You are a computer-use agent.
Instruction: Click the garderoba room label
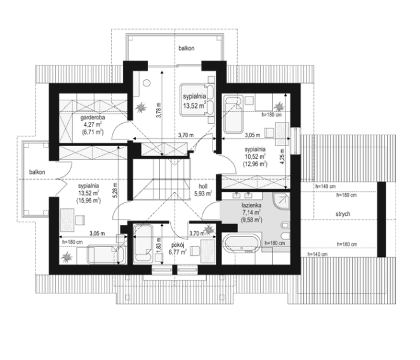tap(93, 117)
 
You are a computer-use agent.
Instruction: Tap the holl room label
tap(203, 186)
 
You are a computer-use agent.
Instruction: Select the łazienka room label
tap(251, 205)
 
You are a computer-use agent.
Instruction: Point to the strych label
tap(343, 214)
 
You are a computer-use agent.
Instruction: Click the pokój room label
tap(178, 245)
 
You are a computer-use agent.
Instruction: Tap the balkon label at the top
tap(187, 48)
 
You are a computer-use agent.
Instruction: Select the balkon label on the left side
tap(37, 172)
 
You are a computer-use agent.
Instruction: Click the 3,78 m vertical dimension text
tap(159, 110)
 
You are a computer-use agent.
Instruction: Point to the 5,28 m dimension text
tap(115, 190)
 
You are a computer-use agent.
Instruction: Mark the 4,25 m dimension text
tap(283, 156)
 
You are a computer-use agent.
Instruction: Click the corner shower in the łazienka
tap(281, 201)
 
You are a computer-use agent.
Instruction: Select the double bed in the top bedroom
tap(197, 100)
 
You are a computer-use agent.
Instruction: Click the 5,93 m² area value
tap(203, 193)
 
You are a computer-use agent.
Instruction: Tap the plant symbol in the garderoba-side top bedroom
tap(141, 108)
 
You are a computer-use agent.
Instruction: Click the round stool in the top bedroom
tap(147, 83)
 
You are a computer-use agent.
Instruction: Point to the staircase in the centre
tap(162, 179)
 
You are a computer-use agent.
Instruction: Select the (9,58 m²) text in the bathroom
tap(251, 220)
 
